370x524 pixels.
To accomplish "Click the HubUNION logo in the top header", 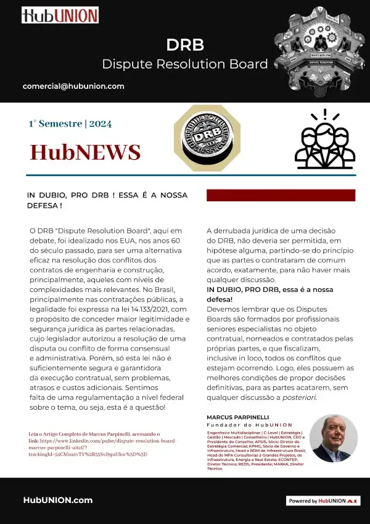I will pyautogui.click(x=60, y=15).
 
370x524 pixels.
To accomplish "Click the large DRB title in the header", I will pyautogui.click(x=185, y=45).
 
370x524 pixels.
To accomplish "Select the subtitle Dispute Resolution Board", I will pyautogui.click(x=185, y=64).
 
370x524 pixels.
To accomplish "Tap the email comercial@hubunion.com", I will pyautogui.click(x=73, y=86).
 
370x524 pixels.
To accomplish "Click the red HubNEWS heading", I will pyautogui.click(x=86, y=151).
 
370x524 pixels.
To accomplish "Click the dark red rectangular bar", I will pyautogui.click(x=281, y=195).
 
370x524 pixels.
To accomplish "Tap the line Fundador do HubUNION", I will pyautogui.click(x=249, y=425).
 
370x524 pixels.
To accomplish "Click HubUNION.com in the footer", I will pyautogui.click(x=58, y=500).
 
